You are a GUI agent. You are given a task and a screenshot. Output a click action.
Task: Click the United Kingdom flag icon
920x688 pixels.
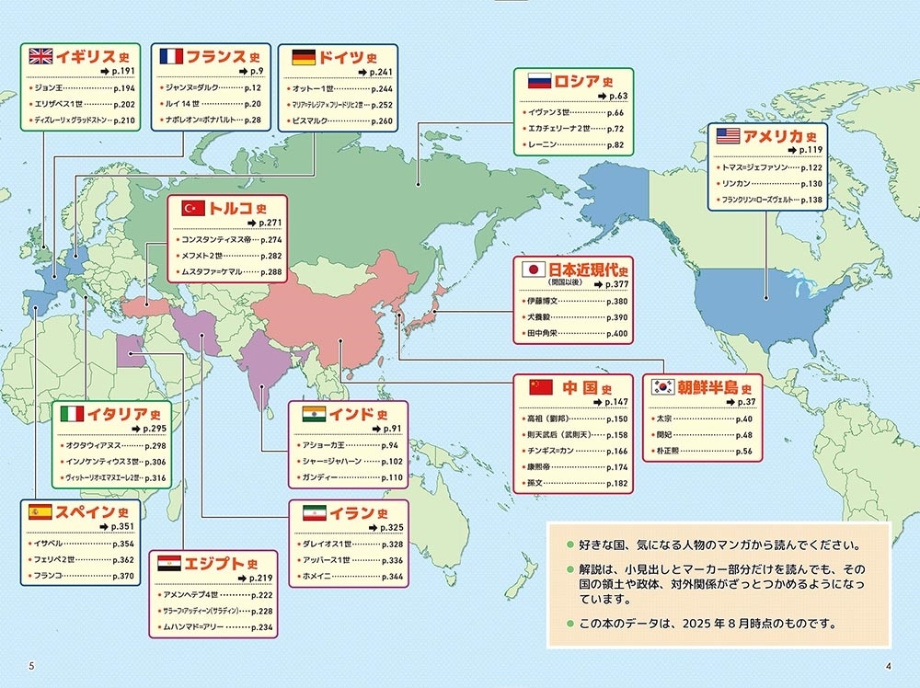tap(40, 56)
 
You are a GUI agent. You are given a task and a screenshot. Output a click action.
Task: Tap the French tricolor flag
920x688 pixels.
tap(170, 56)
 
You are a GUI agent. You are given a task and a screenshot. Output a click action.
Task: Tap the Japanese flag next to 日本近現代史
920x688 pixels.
tap(532, 269)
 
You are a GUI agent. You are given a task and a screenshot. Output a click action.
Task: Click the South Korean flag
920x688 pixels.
tap(661, 387)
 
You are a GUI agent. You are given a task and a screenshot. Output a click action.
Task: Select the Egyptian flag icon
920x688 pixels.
tap(170, 562)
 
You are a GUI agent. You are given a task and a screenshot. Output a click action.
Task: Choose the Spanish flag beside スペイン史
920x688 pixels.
tap(40, 512)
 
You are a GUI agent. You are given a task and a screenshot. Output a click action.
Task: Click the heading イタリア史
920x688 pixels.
tap(123, 413)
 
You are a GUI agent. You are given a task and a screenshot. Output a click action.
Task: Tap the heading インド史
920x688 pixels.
tap(358, 413)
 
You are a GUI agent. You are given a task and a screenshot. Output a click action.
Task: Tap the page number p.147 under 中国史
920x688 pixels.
tap(615, 402)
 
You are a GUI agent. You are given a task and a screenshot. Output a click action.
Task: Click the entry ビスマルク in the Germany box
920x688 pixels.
tap(312, 120)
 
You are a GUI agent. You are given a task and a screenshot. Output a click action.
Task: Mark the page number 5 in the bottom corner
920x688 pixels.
tap(32, 666)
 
